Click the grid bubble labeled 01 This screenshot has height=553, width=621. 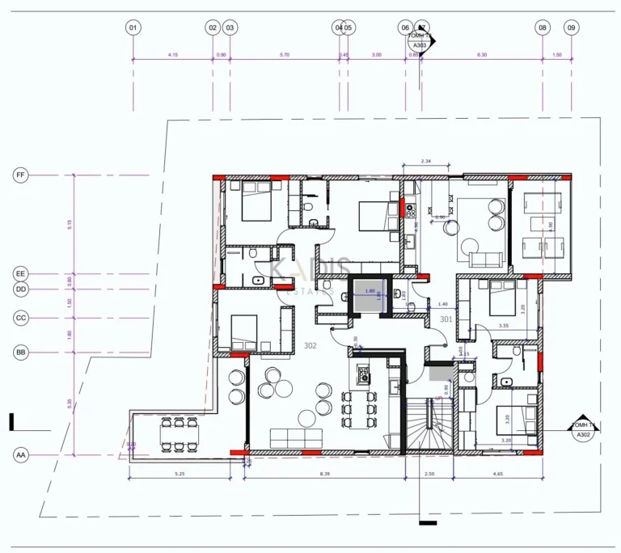click(x=133, y=27)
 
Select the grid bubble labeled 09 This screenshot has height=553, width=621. click(x=572, y=27)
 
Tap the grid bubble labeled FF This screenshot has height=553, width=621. click(x=21, y=175)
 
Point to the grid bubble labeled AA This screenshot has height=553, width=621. click(x=21, y=455)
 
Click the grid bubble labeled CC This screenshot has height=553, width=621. click(x=21, y=319)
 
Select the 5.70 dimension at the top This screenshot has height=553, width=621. click(x=284, y=55)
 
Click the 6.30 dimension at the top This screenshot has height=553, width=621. click(x=482, y=55)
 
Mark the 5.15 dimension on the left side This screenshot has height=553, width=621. click(x=70, y=225)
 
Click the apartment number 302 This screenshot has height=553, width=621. click(x=309, y=345)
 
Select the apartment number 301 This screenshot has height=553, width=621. click(x=446, y=319)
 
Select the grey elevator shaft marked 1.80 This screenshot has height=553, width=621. click(x=370, y=296)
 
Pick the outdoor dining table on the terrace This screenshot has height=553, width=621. click(x=179, y=433)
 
